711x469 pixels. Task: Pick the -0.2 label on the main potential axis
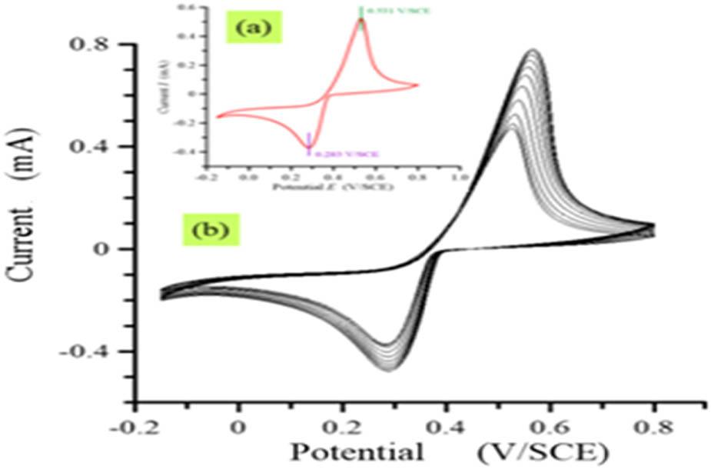[x=132, y=426]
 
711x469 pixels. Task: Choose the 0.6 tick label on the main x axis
[x=447, y=426]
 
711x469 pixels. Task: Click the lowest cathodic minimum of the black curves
[x=388, y=370]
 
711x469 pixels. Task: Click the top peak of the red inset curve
[x=360, y=21]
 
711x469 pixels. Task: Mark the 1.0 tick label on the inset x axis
[x=459, y=176]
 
